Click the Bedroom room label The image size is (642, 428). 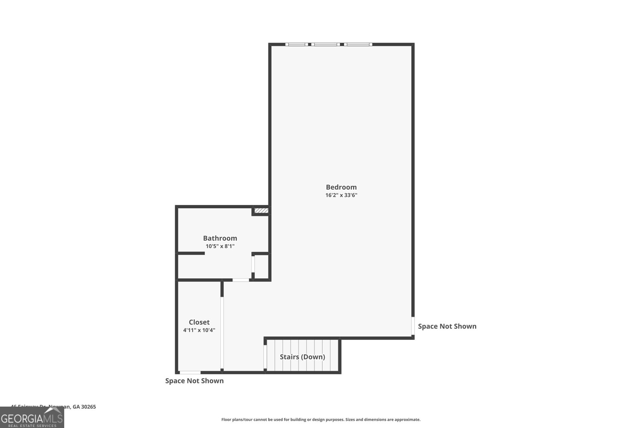[x=341, y=187]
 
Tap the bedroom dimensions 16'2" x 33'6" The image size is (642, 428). [x=341, y=195]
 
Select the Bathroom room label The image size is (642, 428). [x=220, y=238]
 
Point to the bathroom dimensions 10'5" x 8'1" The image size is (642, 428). [x=220, y=246]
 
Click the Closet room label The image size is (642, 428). [x=199, y=322]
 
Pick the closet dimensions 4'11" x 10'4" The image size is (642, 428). [x=199, y=330]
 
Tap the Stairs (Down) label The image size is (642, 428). [x=302, y=357]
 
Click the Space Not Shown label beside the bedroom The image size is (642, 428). [x=447, y=326]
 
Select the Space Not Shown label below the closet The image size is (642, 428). [x=194, y=381]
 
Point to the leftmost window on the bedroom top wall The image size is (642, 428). [x=297, y=44]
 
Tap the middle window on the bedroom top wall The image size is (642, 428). [x=325, y=44]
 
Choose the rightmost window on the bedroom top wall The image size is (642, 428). [x=358, y=44]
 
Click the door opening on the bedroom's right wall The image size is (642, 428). [x=413, y=326]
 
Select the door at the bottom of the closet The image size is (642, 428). [x=190, y=373]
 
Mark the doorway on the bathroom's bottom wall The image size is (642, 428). [x=241, y=280]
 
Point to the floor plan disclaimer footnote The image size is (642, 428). [x=321, y=420]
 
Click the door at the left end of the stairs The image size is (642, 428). [x=265, y=356]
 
